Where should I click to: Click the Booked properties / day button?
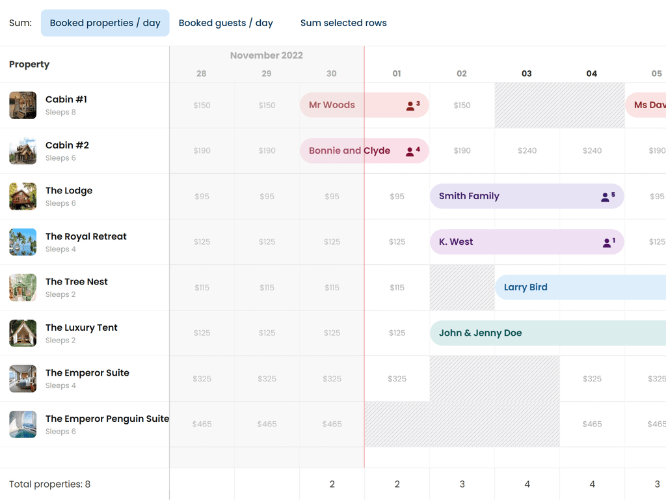105,23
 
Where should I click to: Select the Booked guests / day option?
226,23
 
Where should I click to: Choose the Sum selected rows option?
343,23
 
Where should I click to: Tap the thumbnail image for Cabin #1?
23,105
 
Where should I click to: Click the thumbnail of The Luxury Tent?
23,333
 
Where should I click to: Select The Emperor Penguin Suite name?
107,419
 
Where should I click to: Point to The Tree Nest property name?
77,282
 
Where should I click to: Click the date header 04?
591,74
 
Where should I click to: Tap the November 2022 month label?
267,55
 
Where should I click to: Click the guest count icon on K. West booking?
608,242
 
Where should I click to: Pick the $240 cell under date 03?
527,150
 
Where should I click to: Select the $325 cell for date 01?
397,378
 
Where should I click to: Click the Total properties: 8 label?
49,484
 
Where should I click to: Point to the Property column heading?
29,64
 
